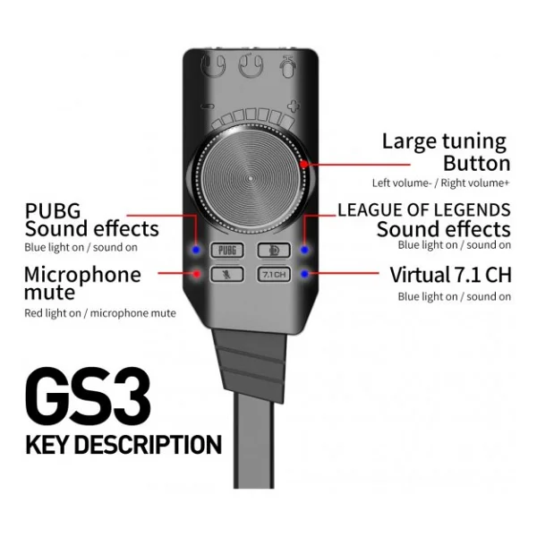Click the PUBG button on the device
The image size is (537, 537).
pos(227,251)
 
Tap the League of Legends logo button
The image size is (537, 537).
pos(274,251)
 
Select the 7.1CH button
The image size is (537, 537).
pos(274,275)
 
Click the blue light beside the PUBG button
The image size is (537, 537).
pos(196,250)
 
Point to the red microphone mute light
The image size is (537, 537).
pos(197,274)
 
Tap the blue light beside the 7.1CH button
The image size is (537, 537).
pos(304,274)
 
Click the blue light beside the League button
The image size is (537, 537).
pos(304,250)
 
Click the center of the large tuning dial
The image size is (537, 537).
pos(251,178)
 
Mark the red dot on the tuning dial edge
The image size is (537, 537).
pos(303,165)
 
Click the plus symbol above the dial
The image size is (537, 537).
pos(294,107)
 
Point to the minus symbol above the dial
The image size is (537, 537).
pos(209,107)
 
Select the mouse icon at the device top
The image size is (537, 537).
pos(287,66)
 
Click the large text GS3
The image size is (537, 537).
pos(88,396)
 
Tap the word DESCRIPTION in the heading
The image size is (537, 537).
pos(148,445)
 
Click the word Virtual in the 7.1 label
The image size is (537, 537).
pos(421,275)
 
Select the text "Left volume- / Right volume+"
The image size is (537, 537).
pos(440,183)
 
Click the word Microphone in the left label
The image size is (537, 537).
pos(82,275)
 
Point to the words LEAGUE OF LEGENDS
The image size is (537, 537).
pos(424,210)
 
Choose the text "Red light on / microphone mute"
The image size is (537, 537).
pos(100,313)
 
